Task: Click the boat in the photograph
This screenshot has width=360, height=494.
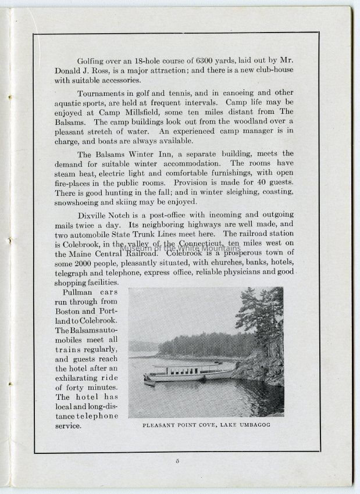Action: (x=186, y=373)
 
